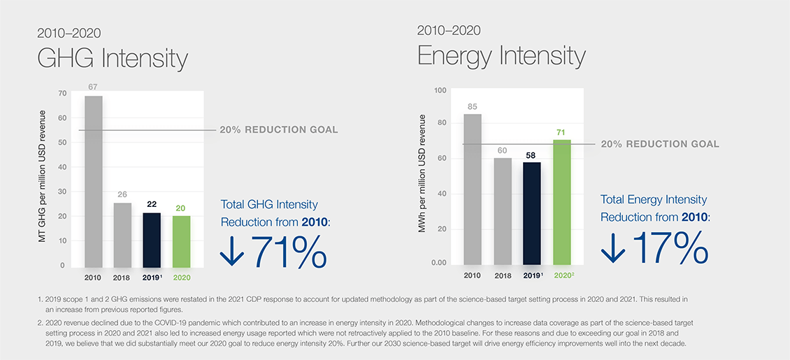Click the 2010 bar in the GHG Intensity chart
93,182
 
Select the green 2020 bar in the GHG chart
180,241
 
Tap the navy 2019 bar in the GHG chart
152,239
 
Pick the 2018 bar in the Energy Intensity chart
503,210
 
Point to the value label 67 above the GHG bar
93,87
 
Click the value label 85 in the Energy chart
473,107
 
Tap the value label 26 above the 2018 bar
122,195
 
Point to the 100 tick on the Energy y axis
440,90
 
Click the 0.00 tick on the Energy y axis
438,263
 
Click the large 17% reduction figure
669,247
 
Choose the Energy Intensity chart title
501,55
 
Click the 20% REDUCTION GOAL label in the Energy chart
659,144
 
